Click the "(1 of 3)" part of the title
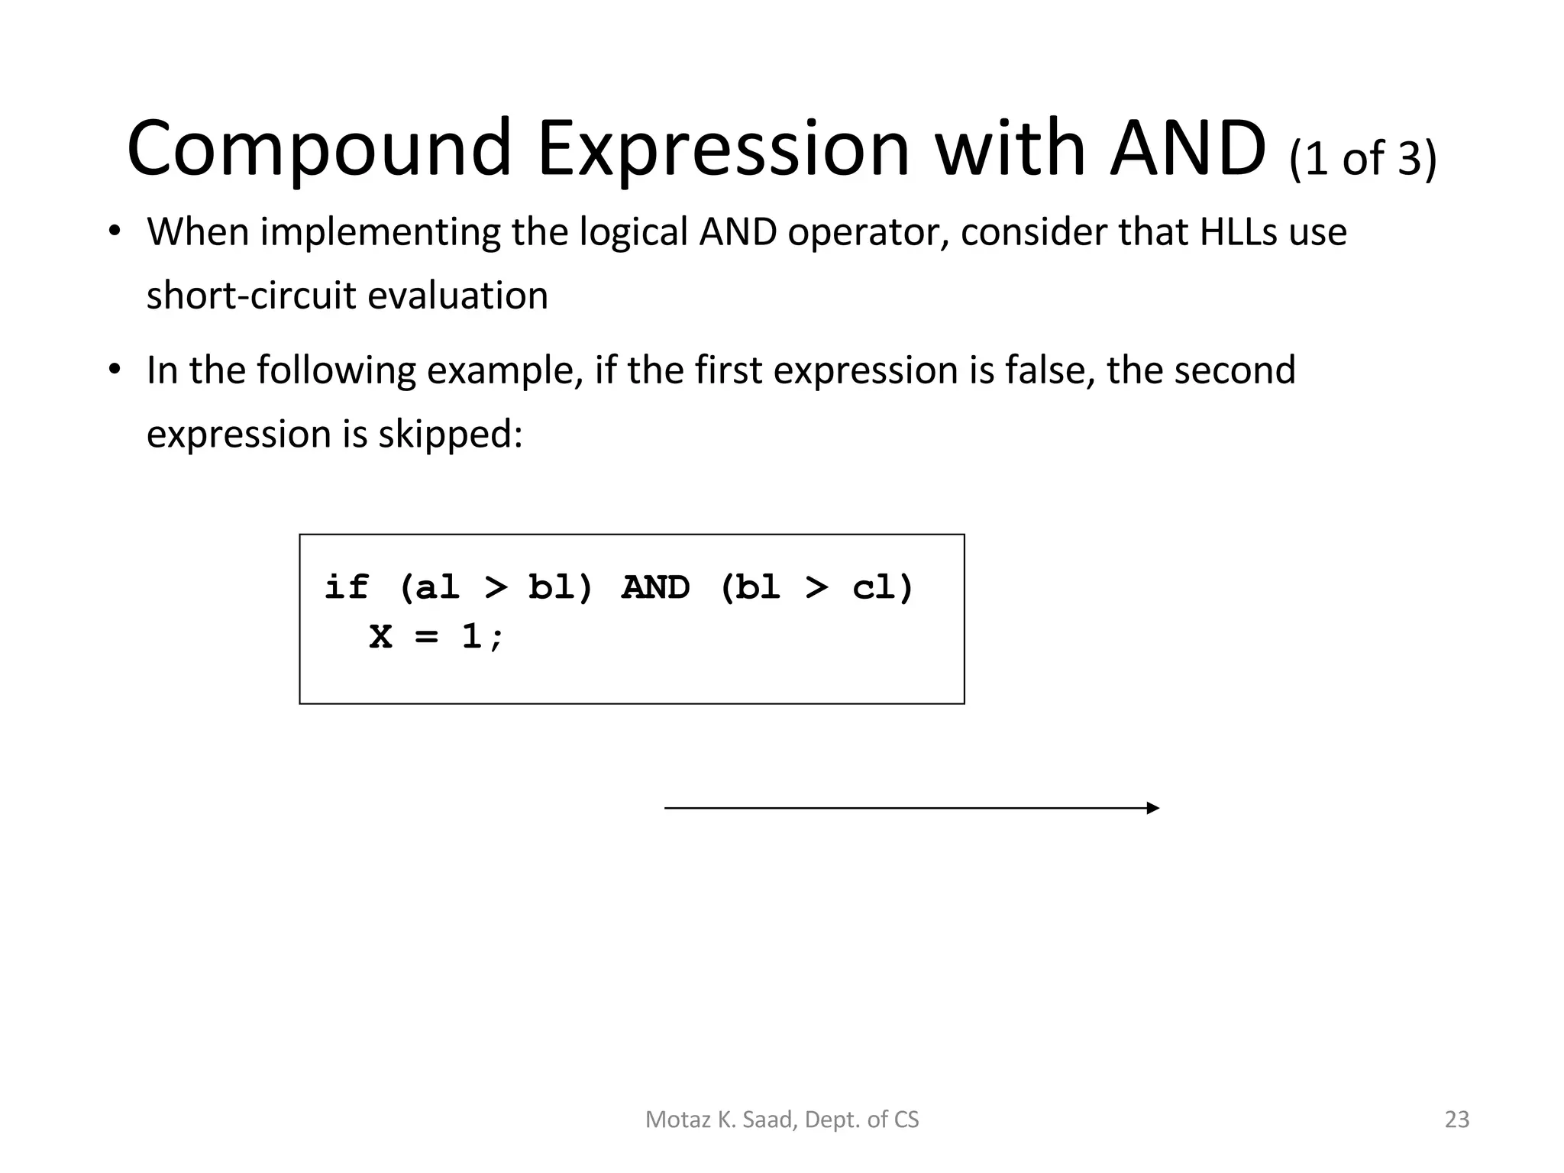tap(1362, 159)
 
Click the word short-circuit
tap(251, 296)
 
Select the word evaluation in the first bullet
tap(457, 296)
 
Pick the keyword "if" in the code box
tap(346, 587)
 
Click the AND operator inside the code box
tap(655, 587)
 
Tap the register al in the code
tap(437, 587)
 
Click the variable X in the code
tap(380, 636)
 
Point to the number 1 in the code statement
tap(471, 636)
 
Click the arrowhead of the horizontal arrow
tap(1152, 808)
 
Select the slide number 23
tap(1457, 1120)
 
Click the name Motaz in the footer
tap(670, 1120)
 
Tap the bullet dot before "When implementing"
tap(115, 231)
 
